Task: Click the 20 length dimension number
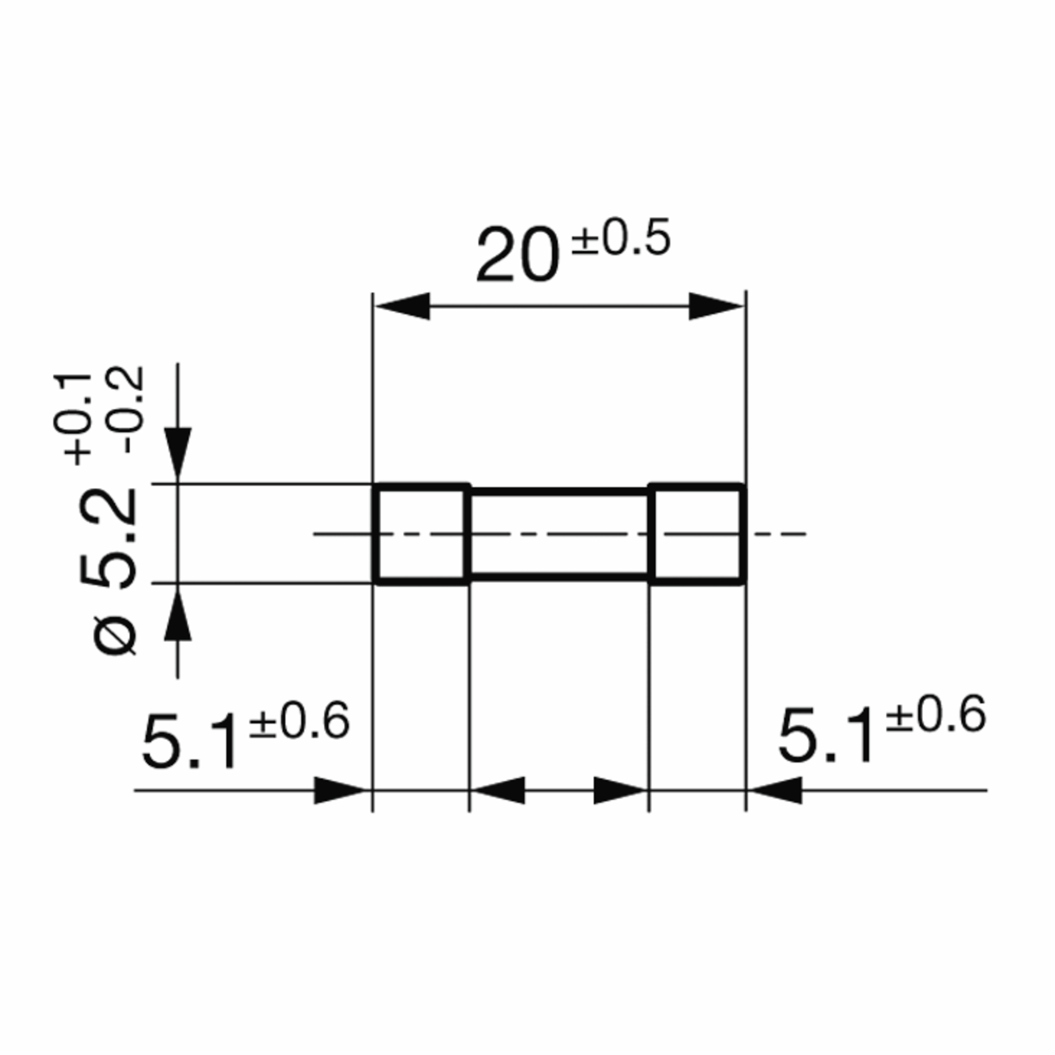[x=518, y=255]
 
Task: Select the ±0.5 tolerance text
[x=620, y=238]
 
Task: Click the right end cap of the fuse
[x=697, y=534]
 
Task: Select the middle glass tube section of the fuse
[x=559, y=534]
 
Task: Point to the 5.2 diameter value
[x=108, y=538]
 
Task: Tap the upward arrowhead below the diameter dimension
[x=178, y=616]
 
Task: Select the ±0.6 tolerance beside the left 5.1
[x=299, y=721]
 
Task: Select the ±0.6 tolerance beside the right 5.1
[x=935, y=715]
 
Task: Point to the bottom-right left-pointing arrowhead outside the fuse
[x=776, y=790]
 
